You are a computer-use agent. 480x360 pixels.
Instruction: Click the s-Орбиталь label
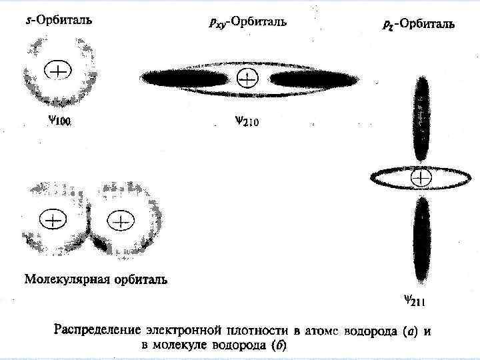point(55,19)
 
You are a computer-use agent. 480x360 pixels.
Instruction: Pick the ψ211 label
point(414,301)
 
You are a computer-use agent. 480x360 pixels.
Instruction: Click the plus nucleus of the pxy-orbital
point(247,79)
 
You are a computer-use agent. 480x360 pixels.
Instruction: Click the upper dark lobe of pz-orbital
point(422,117)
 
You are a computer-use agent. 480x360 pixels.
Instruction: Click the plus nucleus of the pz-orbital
point(422,177)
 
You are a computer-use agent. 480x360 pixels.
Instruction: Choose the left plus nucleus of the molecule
point(53,219)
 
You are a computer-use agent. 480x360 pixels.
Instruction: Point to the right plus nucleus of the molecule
point(121,219)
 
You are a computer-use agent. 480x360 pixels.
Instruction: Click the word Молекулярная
point(65,279)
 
